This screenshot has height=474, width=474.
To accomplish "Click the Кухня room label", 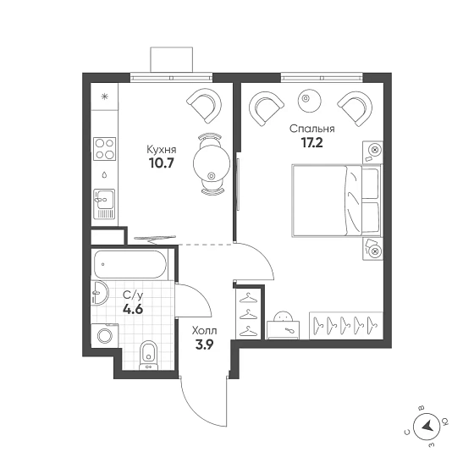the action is [x=162, y=150].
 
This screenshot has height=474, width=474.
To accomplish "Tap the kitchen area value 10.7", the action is [x=161, y=163].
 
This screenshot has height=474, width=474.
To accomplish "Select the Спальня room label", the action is [x=312, y=129].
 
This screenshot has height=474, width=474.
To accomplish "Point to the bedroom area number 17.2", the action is [x=312, y=143].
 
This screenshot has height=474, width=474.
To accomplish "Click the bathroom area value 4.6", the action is [x=133, y=309].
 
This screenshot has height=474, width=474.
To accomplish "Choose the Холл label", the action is [x=205, y=331].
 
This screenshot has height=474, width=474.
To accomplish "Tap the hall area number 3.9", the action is [x=205, y=344].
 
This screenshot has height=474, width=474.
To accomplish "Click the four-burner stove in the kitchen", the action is [x=105, y=149].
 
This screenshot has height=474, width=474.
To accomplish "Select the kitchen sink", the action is [x=104, y=204].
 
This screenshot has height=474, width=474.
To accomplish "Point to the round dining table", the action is [x=212, y=164].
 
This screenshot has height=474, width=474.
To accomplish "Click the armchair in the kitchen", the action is [x=204, y=106].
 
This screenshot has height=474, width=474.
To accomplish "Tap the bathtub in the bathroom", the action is [x=130, y=264].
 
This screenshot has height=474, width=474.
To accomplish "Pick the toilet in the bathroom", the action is [x=148, y=355].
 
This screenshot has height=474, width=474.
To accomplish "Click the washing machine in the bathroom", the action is [x=105, y=335].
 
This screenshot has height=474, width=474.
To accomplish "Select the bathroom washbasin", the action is [x=100, y=293].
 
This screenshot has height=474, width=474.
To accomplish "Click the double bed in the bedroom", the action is [x=337, y=201].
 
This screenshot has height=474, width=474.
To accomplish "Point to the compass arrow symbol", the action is [x=427, y=427].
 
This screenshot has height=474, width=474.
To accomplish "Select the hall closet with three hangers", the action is [x=248, y=314].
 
